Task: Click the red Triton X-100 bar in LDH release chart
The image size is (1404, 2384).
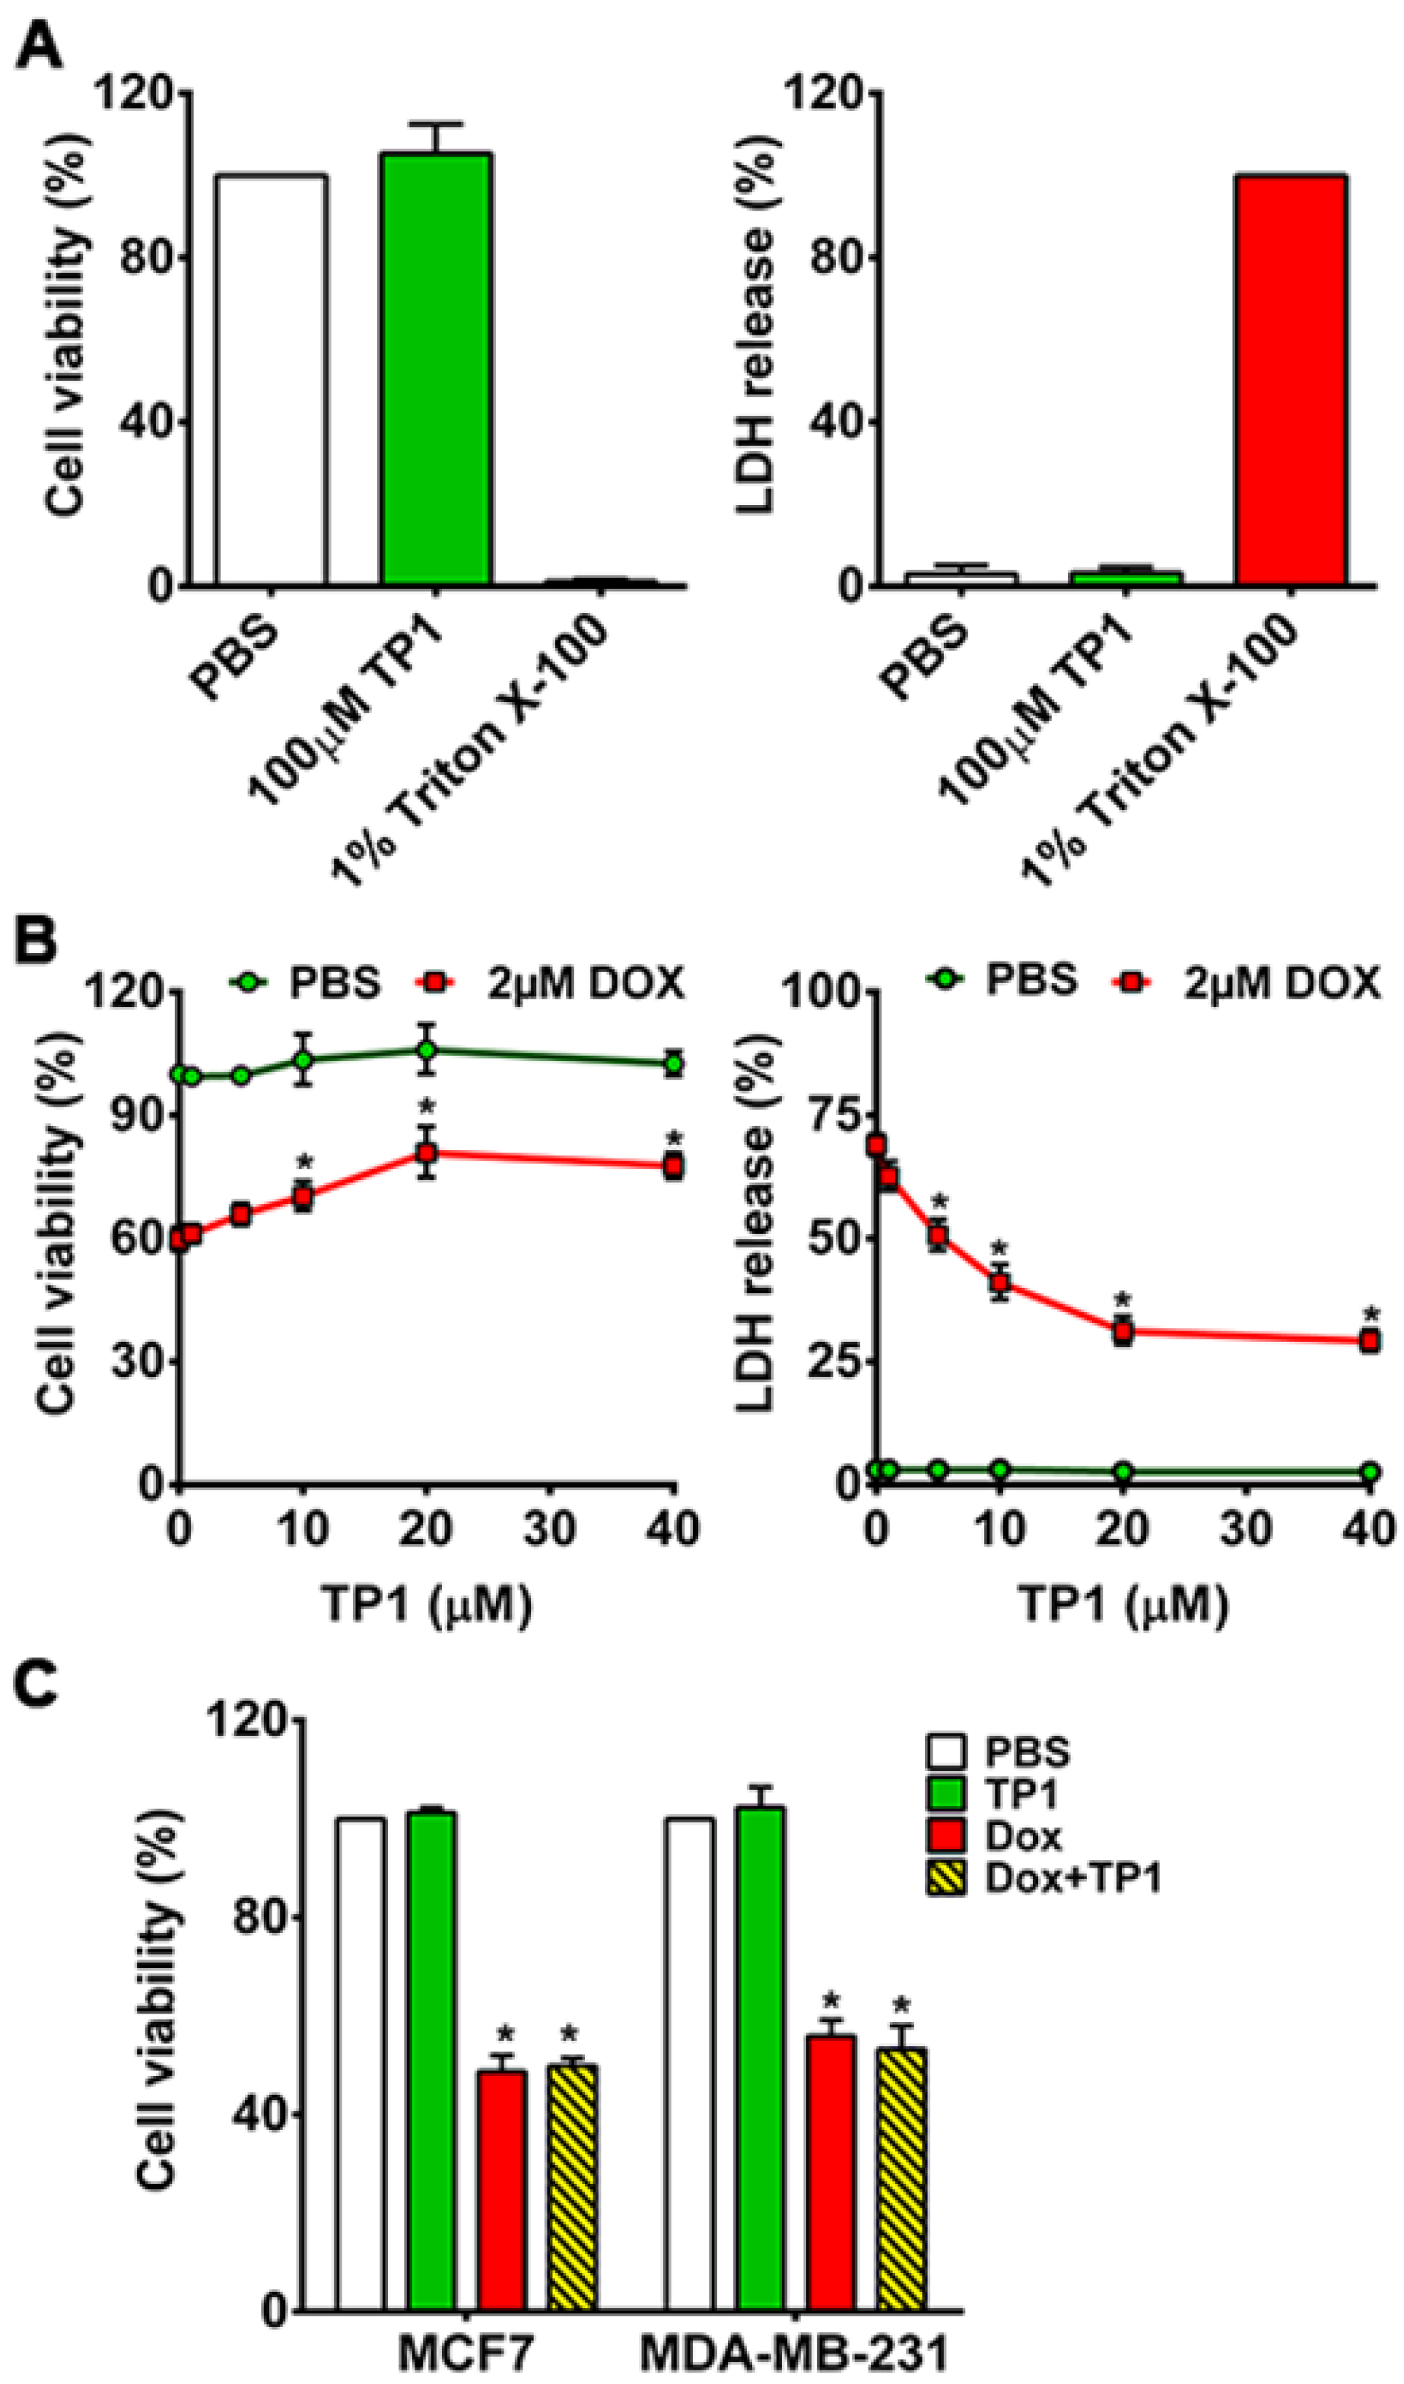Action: pos(1291,378)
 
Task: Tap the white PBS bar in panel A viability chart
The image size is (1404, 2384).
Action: pos(272,378)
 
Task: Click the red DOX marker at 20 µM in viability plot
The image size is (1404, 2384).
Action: pos(427,1153)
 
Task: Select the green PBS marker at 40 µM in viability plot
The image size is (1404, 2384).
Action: pos(674,1063)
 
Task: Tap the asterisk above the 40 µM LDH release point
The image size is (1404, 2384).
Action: pos(1371,1314)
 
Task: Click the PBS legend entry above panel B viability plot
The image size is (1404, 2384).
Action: pos(303,984)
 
